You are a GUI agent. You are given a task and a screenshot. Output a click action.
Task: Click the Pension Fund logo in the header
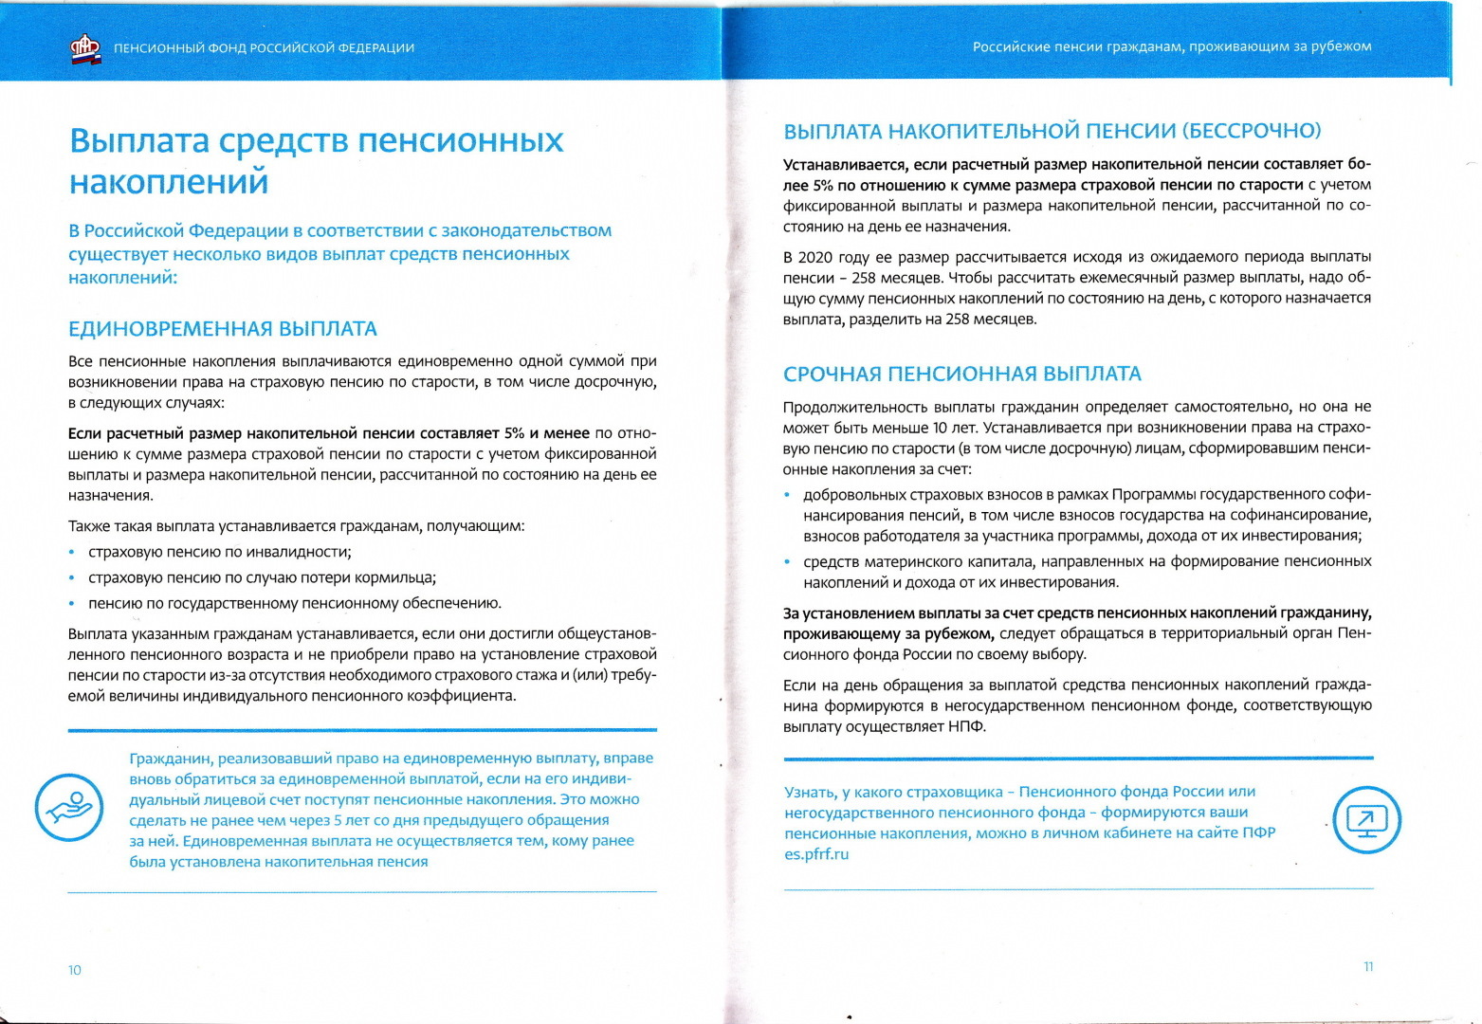85,48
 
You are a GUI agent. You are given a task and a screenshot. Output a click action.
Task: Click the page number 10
75,970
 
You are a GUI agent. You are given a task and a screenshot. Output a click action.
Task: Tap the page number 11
1368,967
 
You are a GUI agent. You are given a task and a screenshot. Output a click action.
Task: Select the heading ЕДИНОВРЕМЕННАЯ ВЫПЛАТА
223,329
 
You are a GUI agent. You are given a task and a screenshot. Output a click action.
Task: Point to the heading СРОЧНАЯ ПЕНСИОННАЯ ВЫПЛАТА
961,374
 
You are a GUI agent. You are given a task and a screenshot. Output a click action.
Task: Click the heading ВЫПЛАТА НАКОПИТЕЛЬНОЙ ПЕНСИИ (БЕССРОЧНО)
1052,131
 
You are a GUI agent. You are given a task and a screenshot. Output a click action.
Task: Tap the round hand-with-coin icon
68,808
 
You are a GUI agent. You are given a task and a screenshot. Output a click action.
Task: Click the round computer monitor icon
1366,819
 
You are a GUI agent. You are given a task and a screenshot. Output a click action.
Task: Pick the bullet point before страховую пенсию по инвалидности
72,553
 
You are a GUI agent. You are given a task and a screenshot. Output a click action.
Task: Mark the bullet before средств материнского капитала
787,562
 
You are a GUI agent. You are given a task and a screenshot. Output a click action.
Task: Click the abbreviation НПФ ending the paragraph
967,727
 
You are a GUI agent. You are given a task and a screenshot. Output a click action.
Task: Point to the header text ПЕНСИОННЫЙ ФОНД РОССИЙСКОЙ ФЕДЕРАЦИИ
264,48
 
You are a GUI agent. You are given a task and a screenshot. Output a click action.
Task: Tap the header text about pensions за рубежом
1171,46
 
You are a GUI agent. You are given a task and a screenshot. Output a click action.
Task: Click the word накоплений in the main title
169,181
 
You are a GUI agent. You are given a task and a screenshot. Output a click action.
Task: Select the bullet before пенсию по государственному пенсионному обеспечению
72,604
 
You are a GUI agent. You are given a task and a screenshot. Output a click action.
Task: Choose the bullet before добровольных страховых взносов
787,495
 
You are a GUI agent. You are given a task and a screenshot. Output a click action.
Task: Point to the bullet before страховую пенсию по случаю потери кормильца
72,578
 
